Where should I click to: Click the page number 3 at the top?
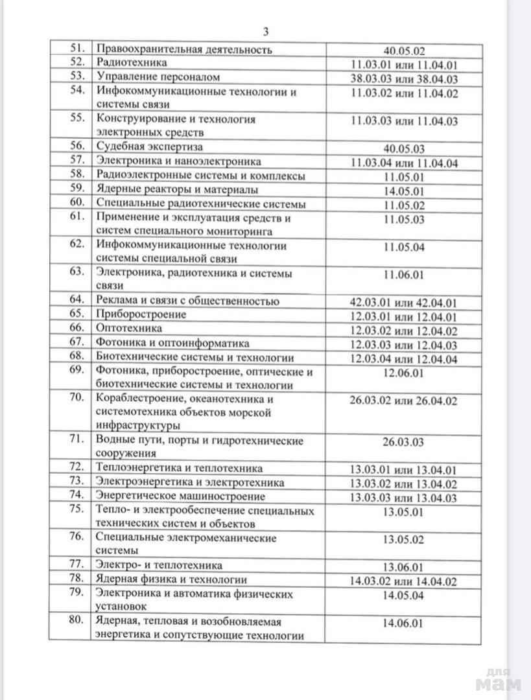coord(266,32)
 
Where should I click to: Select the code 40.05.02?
coord(404,49)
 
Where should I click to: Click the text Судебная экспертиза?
coord(150,146)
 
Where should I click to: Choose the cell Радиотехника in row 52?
coord(132,64)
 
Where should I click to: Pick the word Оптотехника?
coord(128,329)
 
